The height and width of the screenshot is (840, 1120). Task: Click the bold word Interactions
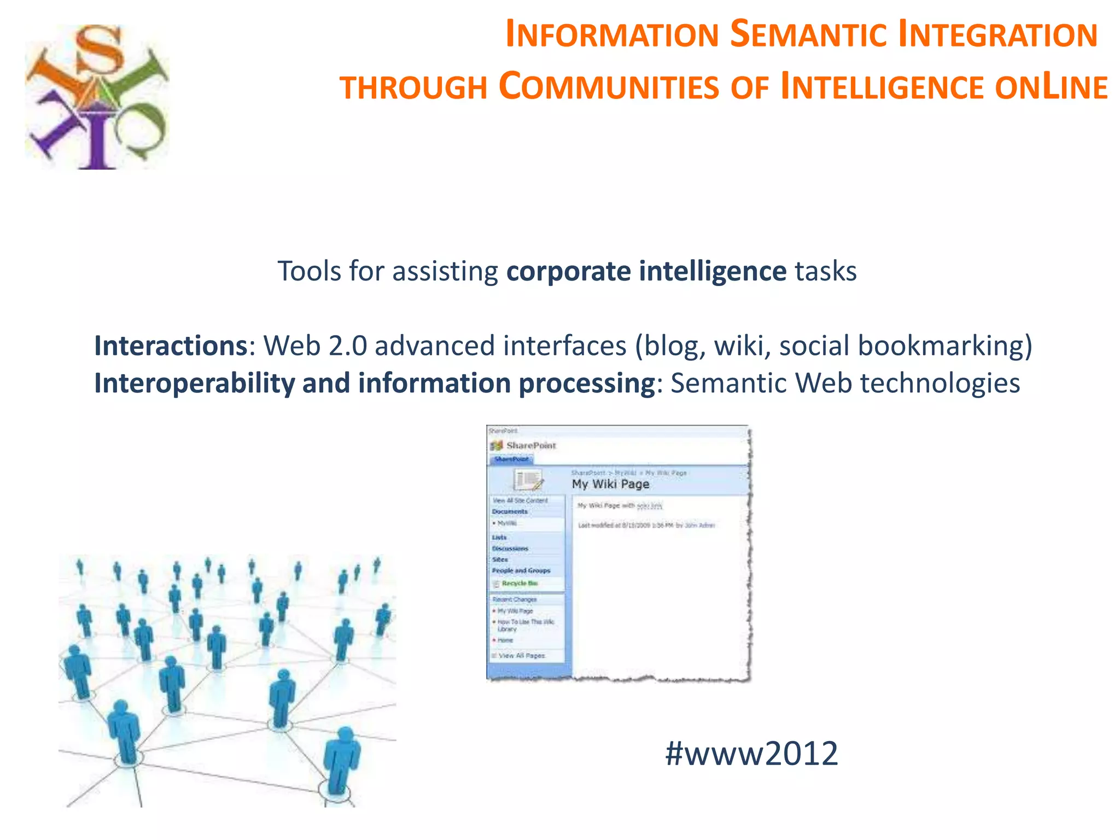[x=171, y=346]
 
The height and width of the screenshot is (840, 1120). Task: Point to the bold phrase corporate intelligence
[x=646, y=271]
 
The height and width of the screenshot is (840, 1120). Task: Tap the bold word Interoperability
[x=194, y=383]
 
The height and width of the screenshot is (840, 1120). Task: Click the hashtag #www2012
[x=751, y=754]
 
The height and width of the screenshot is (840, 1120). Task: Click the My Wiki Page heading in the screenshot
[x=610, y=484]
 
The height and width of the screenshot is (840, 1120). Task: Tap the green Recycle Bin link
[x=520, y=584]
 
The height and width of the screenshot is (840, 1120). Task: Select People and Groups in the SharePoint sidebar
[x=521, y=570]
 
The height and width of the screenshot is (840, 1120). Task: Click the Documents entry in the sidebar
[x=509, y=512]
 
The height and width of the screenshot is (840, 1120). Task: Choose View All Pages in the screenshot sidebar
[x=521, y=655]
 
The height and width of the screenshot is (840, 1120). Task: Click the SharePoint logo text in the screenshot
[x=530, y=446]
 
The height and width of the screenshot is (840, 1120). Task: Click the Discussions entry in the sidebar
[x=510, y=549]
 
